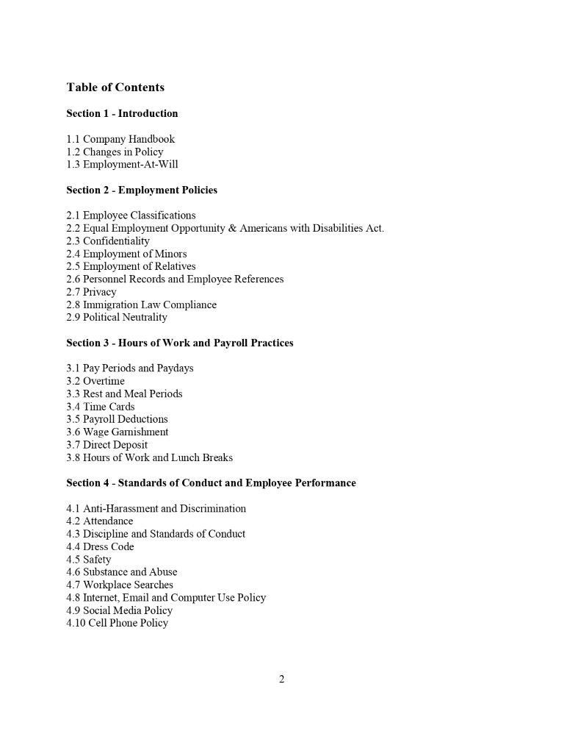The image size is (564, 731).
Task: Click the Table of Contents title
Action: pos(115,88)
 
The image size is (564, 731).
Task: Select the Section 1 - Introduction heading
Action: pos(122,113)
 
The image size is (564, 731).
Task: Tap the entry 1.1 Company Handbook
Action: pos(120,139)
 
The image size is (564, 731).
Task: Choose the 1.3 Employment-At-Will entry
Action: pos(122,164)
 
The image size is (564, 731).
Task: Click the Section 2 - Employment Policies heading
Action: pos(142,190)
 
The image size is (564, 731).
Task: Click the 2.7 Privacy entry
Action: pos(91,292)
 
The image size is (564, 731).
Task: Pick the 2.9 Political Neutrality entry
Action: pos(117,317)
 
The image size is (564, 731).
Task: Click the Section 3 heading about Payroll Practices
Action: pos(180,343)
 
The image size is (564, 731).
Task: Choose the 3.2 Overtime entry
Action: pos(95,381)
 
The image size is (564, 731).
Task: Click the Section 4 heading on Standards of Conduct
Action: pos(211,482)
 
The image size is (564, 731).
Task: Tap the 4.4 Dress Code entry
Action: pos(100,546)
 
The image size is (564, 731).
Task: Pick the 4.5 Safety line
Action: pos(89,559)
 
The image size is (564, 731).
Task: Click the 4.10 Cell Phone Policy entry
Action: pos(117,623)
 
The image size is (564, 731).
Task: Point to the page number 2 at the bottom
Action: pos(281,679)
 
